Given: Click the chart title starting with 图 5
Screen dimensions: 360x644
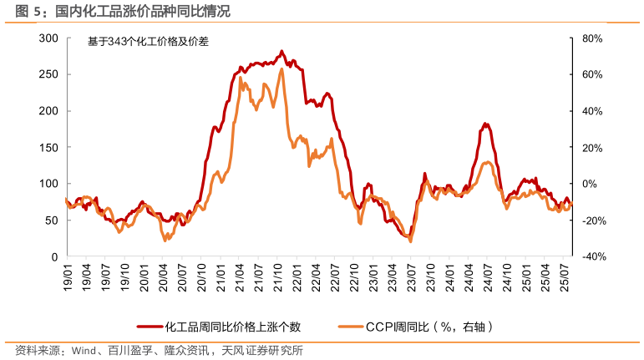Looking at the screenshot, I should pos(117,10).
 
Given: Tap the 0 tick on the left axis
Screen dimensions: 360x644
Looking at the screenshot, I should pos(53,256).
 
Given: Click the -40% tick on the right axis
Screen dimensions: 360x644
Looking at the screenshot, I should pos(592,256).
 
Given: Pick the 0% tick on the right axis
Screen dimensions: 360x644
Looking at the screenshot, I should pos(589,184).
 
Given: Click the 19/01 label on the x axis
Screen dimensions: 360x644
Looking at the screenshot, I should pos(67,277).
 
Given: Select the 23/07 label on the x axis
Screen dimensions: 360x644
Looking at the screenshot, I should pos(412,277).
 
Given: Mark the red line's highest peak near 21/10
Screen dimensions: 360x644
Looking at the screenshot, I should pos(281,51).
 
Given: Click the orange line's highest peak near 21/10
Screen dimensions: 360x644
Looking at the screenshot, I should pos(281,69).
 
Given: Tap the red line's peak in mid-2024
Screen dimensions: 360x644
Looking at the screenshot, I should pos(485,124).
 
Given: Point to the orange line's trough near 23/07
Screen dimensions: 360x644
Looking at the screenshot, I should pos(410,241).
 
